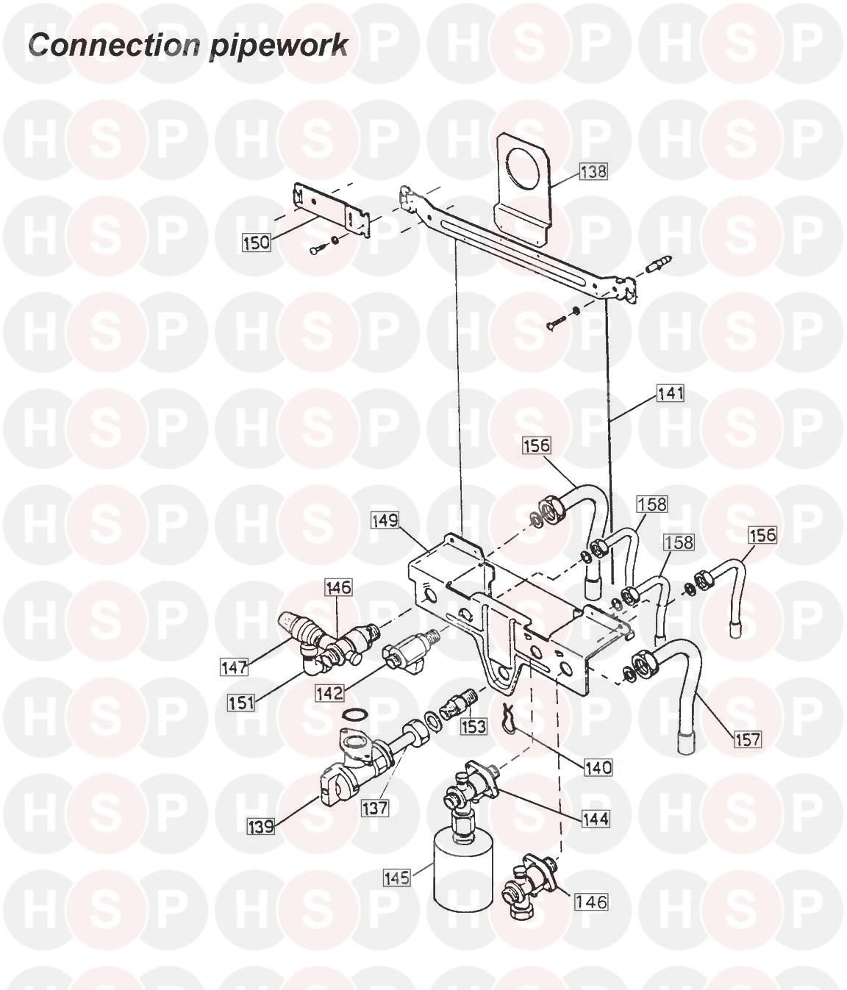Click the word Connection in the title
tap(113, 46)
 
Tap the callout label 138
tap(593, 171)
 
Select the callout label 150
tap(257, 243)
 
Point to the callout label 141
tap(671, 393)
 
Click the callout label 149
tap(385, 520)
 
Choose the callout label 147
tap(235, 667)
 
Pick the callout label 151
tap(241, 703)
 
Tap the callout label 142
tap(330, 693)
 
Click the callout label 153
tap(473, 727)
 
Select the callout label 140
tap(598, 768)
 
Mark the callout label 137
tap(374, 808)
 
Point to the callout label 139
tap(261, 826)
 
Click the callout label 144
tap(596, 819)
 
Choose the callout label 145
tap(397, 878)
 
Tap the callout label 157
tap(748, 740)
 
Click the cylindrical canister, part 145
tap(462, 878)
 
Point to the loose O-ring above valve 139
tap(355, 716)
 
